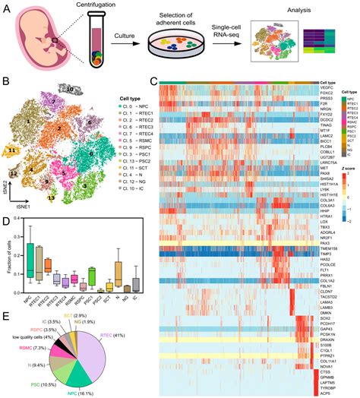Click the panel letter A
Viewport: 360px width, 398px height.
[x=8, y=8]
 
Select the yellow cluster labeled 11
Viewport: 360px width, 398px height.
[x=14, y=152]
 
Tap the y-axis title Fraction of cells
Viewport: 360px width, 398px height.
[x=7, y=254]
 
